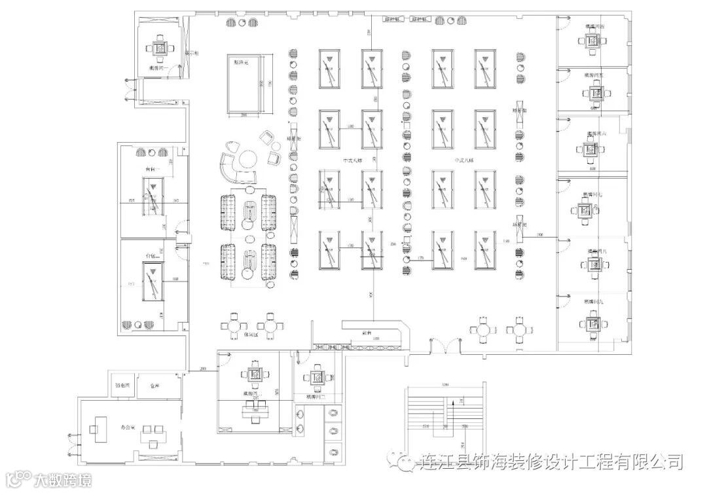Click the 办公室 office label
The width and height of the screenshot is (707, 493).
127,428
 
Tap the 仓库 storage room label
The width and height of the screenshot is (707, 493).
154,386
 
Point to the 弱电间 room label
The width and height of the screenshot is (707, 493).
122,386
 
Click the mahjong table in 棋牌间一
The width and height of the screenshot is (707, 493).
160,48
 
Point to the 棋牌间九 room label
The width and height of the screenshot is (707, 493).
594,302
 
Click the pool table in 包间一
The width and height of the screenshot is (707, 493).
152,196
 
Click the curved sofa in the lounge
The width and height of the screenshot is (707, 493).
229,168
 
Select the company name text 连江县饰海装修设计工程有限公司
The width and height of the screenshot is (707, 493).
550,462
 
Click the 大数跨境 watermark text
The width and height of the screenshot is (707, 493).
62,479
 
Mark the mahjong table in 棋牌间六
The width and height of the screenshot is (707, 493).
594,151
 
